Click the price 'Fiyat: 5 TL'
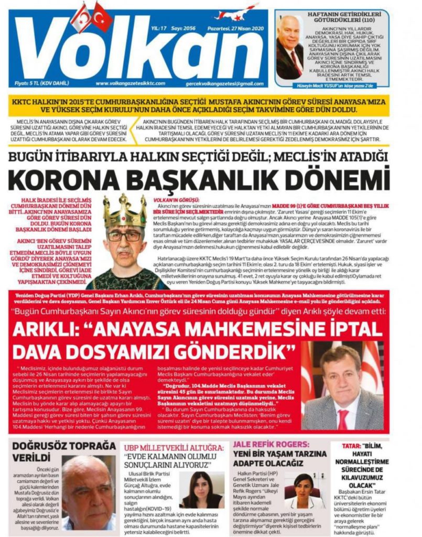(37, 83)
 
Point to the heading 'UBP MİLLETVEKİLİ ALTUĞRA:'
(174, 447)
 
